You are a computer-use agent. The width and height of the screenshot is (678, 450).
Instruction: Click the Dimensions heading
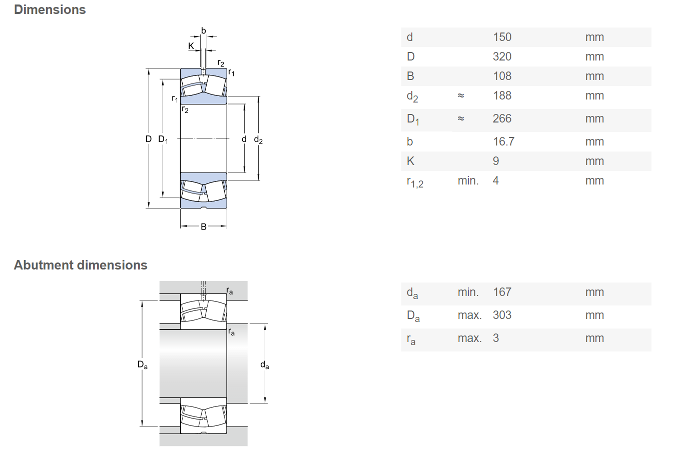pos(50,9)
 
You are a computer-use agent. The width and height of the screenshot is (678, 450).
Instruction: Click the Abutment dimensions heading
pos(81,265)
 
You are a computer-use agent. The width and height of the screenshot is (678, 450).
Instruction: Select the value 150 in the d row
pos(502,37)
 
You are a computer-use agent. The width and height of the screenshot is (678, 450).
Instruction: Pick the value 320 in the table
pos(502,56)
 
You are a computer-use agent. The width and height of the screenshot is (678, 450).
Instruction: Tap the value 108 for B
pos(502,76)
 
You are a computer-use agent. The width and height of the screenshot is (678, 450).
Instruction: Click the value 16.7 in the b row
pos(504,141)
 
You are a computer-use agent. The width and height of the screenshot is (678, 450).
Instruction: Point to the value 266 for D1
pos(502,118)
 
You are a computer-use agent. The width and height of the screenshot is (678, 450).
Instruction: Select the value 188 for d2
pos(502,95)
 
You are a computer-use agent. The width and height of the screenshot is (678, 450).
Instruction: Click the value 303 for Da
pos(502,315)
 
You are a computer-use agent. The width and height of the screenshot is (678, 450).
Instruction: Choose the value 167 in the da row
pos(502,292)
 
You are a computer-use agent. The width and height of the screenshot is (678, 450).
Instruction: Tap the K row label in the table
pos(411,161)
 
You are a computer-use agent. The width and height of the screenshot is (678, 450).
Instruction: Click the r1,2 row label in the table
pos(415,182)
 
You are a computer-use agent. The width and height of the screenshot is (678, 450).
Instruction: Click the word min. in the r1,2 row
pos(468,180)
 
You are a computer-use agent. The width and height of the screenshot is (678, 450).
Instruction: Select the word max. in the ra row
pos(469,338)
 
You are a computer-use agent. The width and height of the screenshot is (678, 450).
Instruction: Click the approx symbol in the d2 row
pos(461,95)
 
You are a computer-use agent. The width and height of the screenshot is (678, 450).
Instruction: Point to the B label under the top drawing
pos(204,226)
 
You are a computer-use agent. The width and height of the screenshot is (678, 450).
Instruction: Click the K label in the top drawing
pos(191,46)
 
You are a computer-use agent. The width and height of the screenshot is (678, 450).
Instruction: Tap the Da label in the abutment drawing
pos(143,364)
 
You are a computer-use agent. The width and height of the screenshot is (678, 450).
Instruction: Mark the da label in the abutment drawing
pos(265,365)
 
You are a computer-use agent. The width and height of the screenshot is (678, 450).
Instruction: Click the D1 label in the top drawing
pos(163,139)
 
